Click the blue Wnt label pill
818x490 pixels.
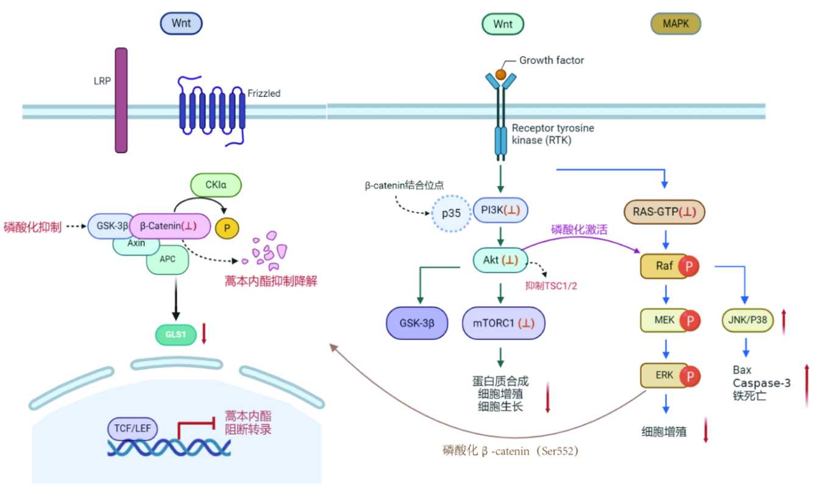pos(181,24)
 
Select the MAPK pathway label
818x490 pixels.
pos(676,24)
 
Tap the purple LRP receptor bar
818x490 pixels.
pos(121,100)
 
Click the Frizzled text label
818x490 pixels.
pos(264,93)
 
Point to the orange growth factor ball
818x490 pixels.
pos(500,74)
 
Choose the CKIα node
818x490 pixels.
pos(216,184)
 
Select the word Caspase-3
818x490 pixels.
pos(762,382)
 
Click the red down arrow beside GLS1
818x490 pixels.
pos(205,334)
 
